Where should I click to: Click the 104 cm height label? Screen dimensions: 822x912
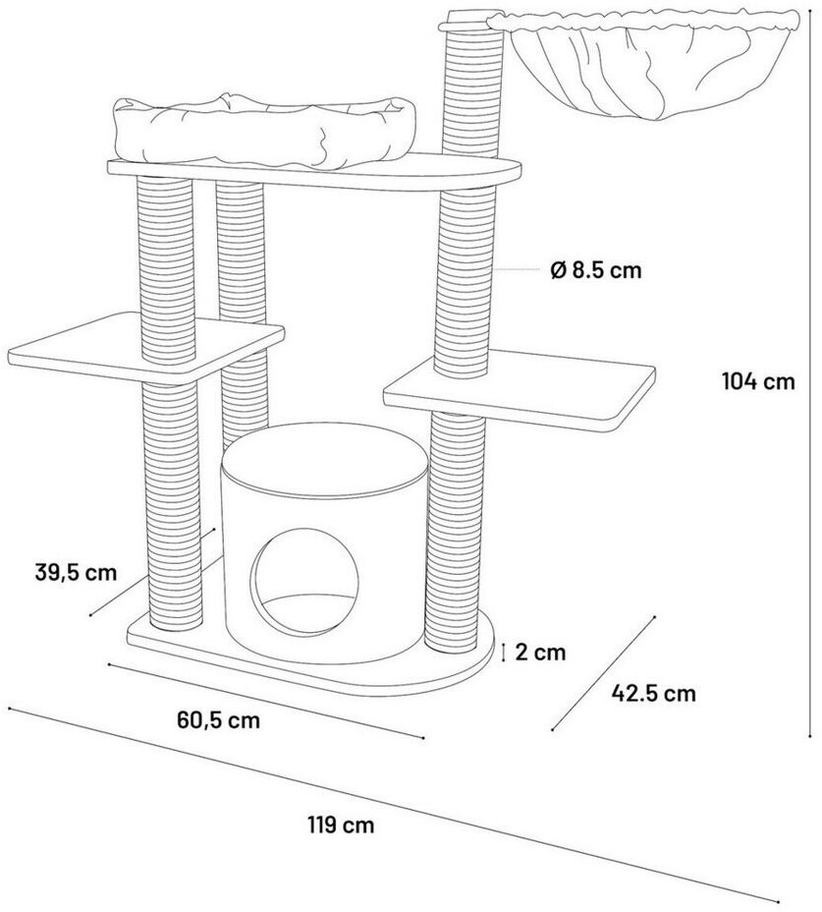[x=758, y=381]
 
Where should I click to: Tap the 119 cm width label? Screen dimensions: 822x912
[x=341, y=825]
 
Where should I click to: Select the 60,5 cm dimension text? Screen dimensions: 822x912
[x=219, y=720]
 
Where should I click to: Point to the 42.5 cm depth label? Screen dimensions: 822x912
[x=653, y=693]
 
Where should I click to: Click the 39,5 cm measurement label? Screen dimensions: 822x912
[x=76, y=572]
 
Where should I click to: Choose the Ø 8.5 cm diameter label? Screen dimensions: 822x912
[x=596, y=270]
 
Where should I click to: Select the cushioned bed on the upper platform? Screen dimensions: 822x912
[x=264, y=131]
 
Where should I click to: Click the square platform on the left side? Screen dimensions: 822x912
[x=145, y=347]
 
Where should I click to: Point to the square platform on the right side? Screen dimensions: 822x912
[x=520, y=390]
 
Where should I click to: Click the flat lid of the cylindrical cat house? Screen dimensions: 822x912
[x=325, y=461]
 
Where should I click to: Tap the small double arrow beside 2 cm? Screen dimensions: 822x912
[x=505, y=652]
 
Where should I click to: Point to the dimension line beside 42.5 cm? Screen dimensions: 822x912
[x=603, y=673]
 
